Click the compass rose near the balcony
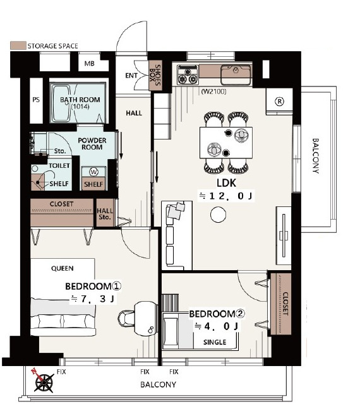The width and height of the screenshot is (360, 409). pos(43,381)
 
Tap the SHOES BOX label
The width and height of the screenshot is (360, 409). pos(155,75)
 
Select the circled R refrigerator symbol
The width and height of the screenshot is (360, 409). pos(280,101)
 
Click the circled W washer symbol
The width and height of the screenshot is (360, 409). pos(93,172)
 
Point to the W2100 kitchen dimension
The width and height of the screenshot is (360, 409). pos(213,92)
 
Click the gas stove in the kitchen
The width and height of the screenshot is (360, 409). pos(188,74)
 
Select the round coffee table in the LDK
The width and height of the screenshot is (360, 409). pos(219,215)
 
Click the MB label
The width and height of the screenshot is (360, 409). pos(89,63)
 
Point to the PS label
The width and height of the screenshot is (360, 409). pos(36,100)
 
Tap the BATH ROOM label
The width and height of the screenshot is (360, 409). pos(80,100)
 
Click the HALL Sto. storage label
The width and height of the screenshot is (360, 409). pos(105,213)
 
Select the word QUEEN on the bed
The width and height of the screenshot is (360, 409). pos(62,268)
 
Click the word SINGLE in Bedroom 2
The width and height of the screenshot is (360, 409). pos(215,342)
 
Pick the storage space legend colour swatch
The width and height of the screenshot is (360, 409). pos(18,45)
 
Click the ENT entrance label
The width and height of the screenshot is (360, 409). pos(131,76)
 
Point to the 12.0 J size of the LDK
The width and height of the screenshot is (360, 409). pos(225,196)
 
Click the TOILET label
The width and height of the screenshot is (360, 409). pos(59,165)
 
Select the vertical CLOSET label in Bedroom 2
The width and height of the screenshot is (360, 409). pos(285,304)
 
